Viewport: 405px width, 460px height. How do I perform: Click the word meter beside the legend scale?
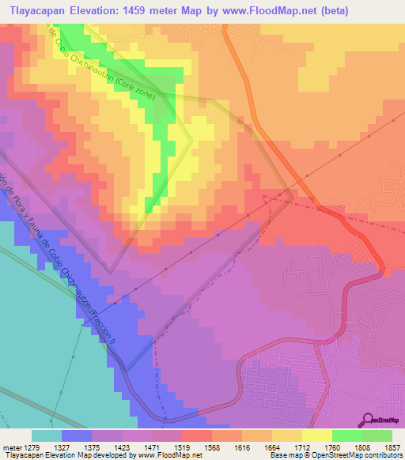tap(12, 447)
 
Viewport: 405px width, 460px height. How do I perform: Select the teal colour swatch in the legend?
tap(46, 435)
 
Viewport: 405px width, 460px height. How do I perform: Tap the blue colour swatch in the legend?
tap(76, 435)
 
